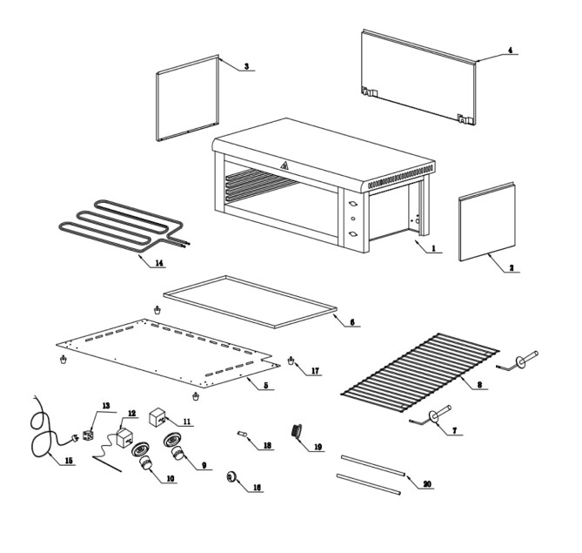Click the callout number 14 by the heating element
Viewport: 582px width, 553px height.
(x=157, y=262)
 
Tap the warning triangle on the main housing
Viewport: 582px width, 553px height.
(x=283, y=167)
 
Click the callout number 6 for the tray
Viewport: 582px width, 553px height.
(x=352, y=322)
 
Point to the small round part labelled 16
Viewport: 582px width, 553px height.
(x=232, y=475)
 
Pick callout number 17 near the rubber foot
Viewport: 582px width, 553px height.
(x=313, y=371)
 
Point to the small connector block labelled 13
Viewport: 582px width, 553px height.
(x=89, y=430)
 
